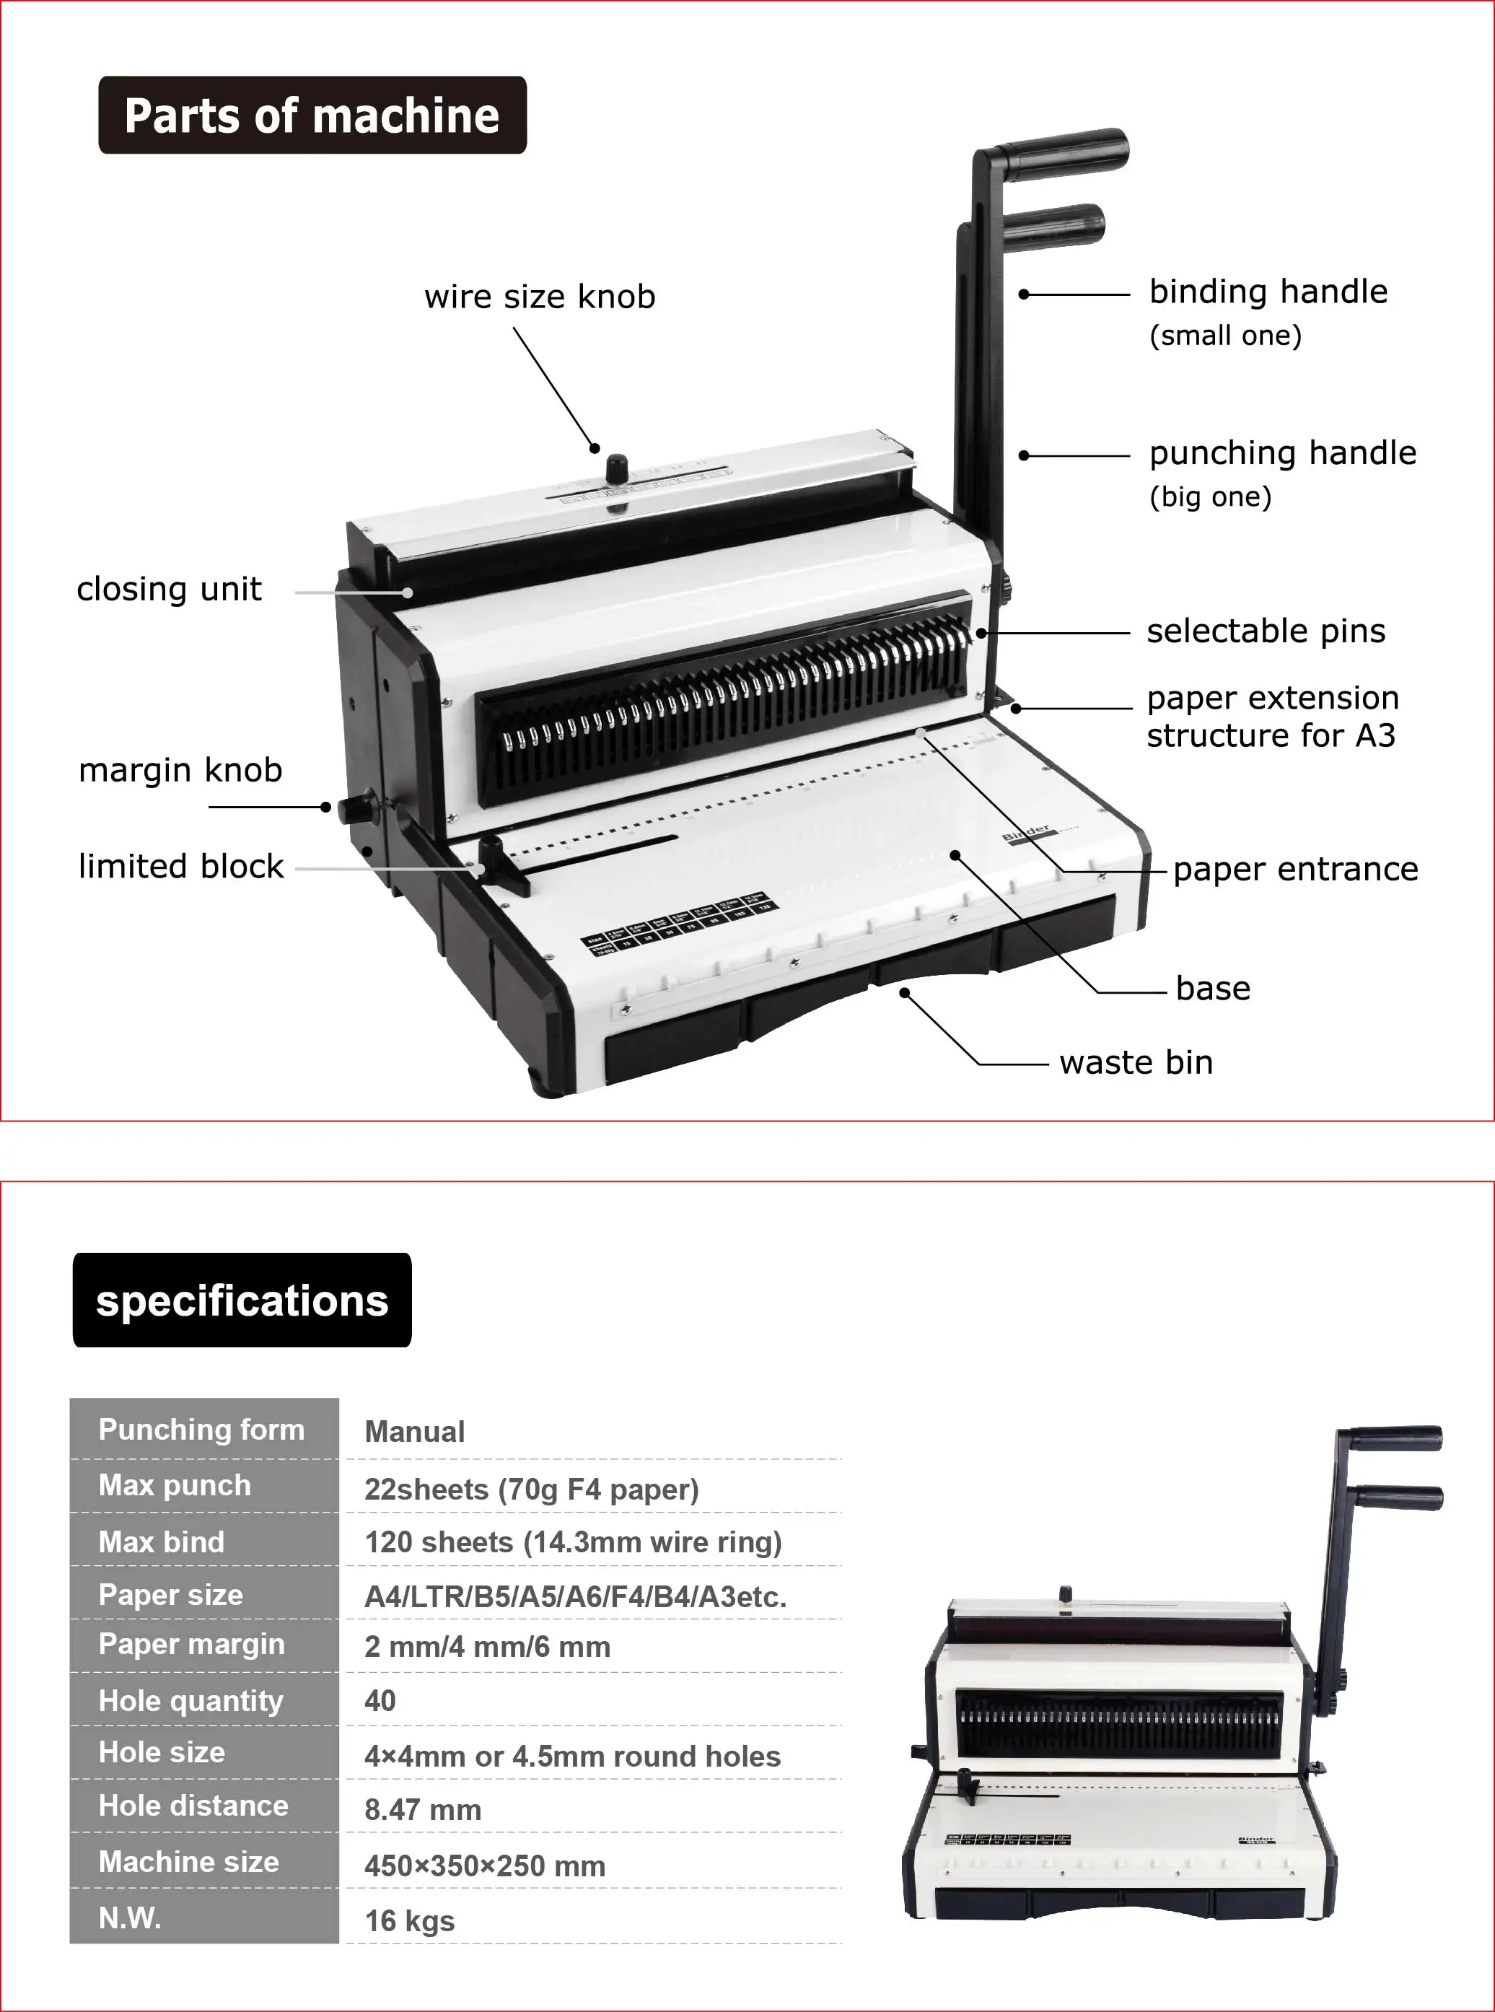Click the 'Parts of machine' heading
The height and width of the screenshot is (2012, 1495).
(x=312, y=116)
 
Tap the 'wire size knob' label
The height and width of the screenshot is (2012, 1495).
(x=540, y=297)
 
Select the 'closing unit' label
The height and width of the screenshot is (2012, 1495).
(x=170, y=589)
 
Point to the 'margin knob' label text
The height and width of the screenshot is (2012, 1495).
(x=180, y=770)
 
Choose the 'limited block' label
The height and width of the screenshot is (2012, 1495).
(x=181, y=866)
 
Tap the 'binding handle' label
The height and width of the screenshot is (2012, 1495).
(x=1268, y=292)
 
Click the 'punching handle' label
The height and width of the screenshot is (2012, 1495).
(x=1282, y=453)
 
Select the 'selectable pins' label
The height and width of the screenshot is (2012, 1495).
(x=1265, y=631)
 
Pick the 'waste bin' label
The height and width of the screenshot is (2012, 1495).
(x=1136, y=1062)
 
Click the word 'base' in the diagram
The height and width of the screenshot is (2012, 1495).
(x=1213, y=989)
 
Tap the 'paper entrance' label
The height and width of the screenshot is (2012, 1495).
(x=1295, y=869)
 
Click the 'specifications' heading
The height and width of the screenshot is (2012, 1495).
(x=242, y=1300)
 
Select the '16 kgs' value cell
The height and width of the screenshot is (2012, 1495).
(x=409, y=1920)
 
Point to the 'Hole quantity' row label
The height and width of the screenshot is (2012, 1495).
(x=191, y=1701)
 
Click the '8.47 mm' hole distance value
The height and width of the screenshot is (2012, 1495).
(x=423, y=1809)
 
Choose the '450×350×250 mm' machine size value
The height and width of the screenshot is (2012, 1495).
(x=485, y=1866)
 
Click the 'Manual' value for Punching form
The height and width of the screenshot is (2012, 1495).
(x=414, y=1432)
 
